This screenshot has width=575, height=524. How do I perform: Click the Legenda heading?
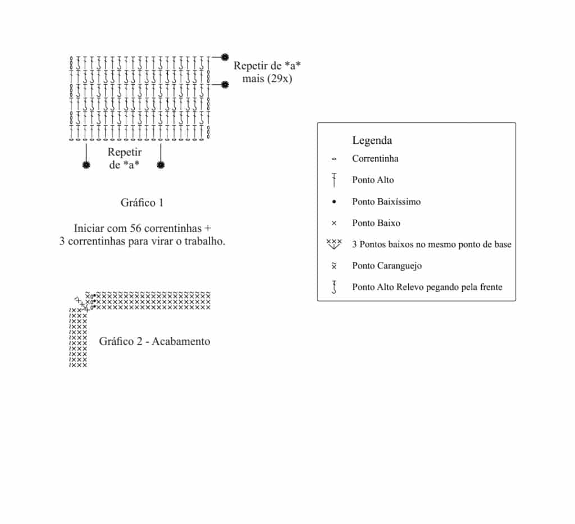coord(372,140)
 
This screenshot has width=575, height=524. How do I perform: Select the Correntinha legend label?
coord(375,158)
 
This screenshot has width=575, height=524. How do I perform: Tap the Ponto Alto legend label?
coord(373,180)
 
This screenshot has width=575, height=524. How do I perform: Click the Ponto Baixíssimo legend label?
coord(386,202)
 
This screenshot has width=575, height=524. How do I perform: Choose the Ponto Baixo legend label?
coord(376,223)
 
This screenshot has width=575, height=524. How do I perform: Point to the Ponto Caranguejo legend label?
coord(387,266)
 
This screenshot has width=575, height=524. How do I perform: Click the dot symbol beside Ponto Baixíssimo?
coord(334,202)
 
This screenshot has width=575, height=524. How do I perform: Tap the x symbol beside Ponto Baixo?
coord(334,223)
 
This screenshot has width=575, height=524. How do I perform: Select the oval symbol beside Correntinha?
coord(334,159)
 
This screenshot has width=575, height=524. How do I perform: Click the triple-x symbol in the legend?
coord(334,244)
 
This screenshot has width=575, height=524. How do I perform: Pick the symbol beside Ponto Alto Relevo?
coord(334,288)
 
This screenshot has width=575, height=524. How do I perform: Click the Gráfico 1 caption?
coord(142,202)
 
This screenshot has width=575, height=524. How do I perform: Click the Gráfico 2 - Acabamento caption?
coord(154,341)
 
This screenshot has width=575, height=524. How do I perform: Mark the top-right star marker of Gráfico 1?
coord(225,57)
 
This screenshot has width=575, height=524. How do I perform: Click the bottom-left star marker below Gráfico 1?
coord(86,165)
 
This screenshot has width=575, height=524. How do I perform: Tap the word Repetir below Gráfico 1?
coord(125,152)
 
